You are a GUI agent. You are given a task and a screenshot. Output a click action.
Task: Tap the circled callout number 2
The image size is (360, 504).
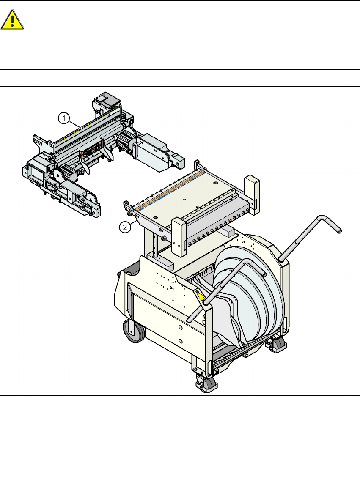pos(126,227)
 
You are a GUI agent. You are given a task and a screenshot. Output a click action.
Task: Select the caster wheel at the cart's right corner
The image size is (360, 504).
pos(278,345)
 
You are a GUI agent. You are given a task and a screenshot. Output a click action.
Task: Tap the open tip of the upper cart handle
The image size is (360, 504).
pos(339,230)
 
